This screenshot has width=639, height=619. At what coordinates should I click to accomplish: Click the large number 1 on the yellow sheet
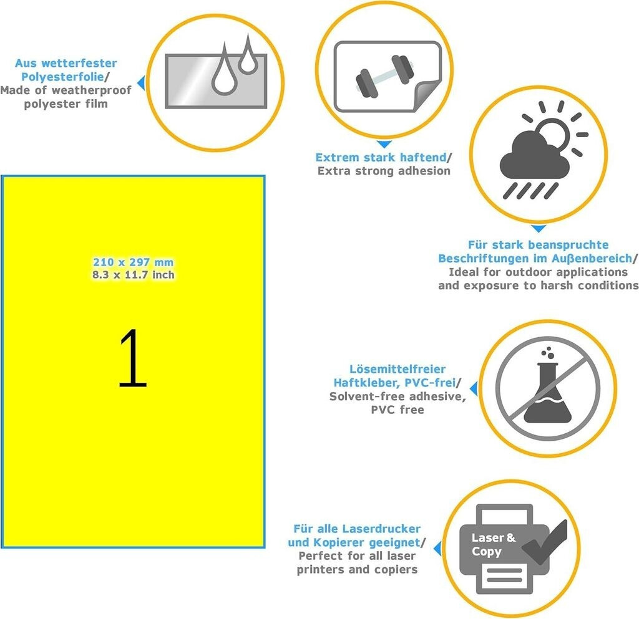click(x=133, y=358)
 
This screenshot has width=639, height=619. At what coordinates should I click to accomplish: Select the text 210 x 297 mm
click(x=134, y=262)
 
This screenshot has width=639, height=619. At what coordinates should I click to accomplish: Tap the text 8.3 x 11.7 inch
click(x=134, y=275)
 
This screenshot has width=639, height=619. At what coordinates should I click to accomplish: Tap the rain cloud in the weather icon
click(x=535, y=155)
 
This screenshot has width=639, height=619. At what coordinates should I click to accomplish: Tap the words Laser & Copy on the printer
click(x=493, y=545)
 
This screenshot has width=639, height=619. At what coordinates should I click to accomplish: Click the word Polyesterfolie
click(x=62, y=77)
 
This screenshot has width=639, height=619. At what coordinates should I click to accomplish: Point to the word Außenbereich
click(x=592, y=259)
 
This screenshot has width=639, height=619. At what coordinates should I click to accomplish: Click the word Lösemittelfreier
click(x=398, y=369)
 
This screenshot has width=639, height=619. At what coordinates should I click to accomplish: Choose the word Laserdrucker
click(x=381, y=529)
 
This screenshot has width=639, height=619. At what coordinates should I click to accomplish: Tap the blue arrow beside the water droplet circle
click(x=141, y=83)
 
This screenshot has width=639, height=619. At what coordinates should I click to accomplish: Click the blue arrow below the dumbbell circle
click(x=384, y=144)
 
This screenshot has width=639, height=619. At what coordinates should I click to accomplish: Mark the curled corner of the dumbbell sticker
click(x=426, y=97)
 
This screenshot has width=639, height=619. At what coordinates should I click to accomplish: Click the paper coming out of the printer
click(x=504, y=577)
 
